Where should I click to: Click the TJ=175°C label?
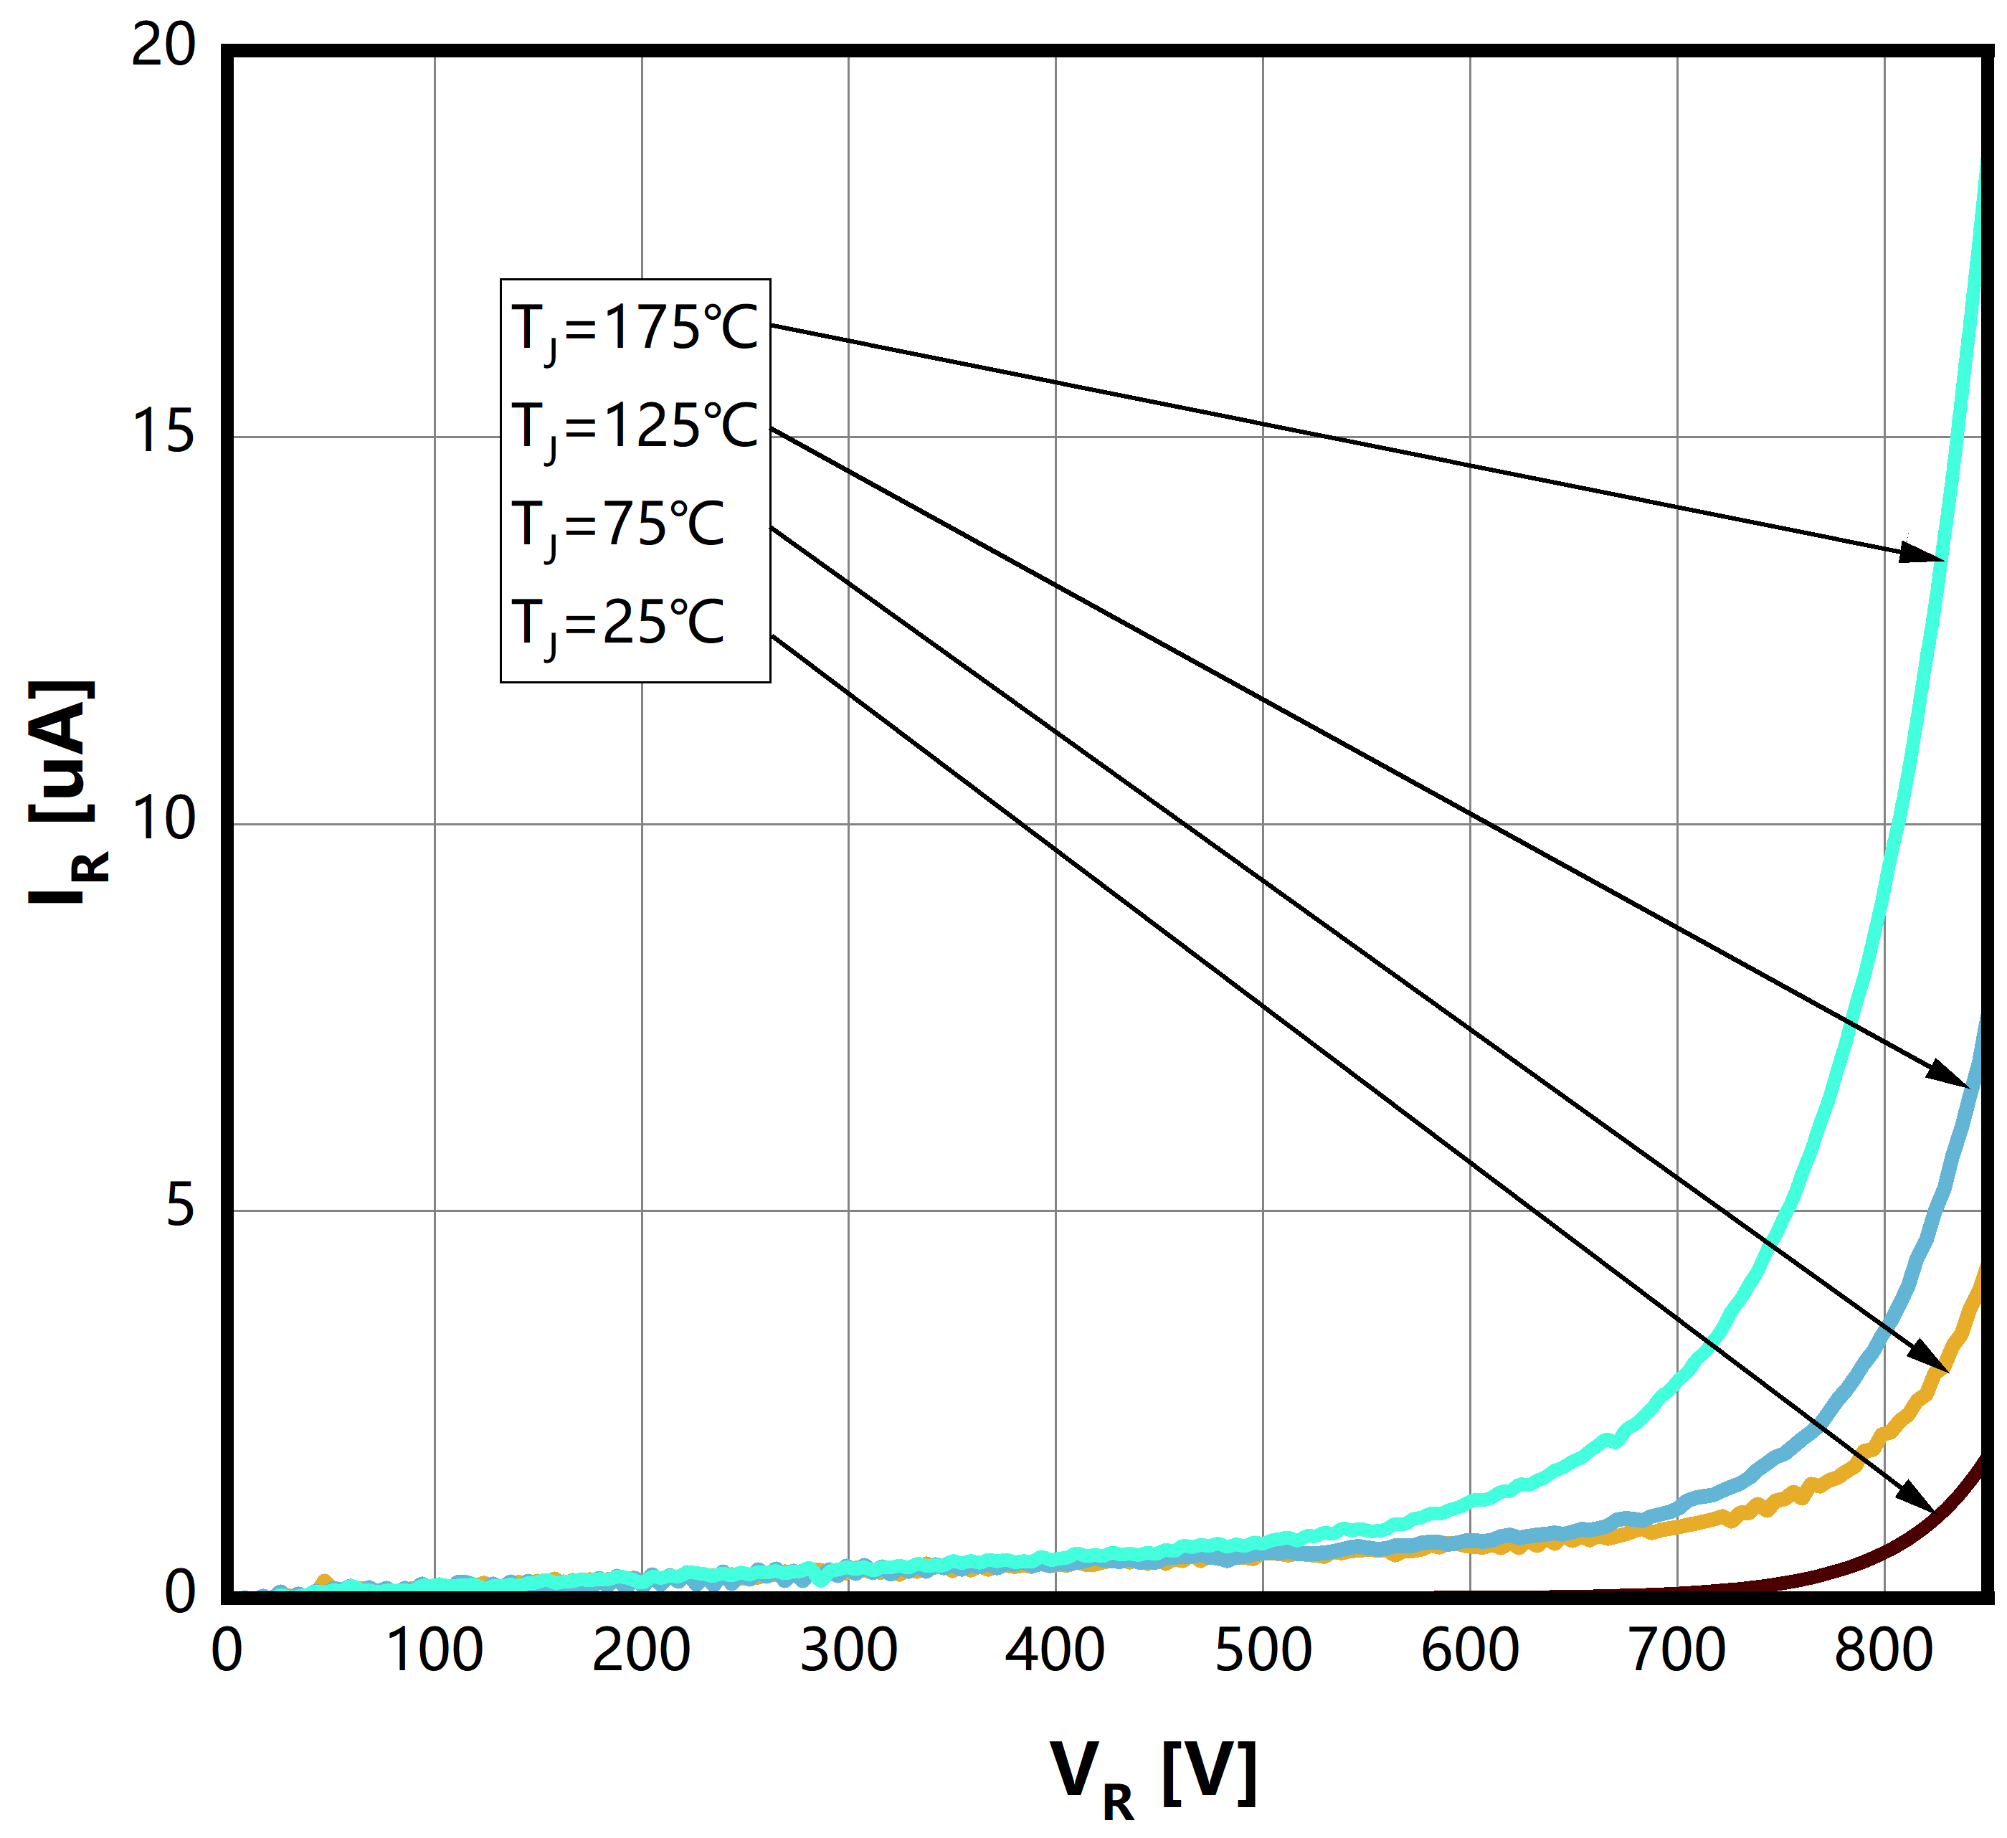(634, 328)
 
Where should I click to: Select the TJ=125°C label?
(634, 428)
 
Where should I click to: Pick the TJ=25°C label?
(617, 625)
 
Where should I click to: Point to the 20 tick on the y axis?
(163, 46)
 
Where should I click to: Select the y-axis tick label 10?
(163, 820)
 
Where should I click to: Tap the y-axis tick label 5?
(179, 1207)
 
